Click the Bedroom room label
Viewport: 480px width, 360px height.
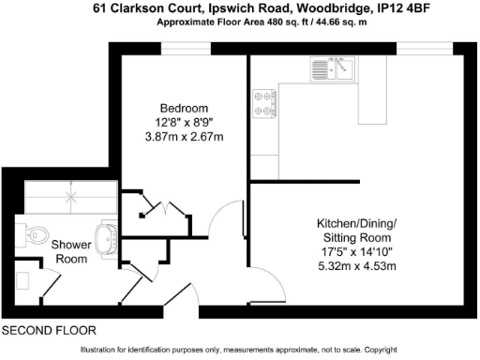184,107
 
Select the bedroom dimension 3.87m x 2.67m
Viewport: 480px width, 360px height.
184,136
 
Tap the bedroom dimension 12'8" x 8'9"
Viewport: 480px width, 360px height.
184,122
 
